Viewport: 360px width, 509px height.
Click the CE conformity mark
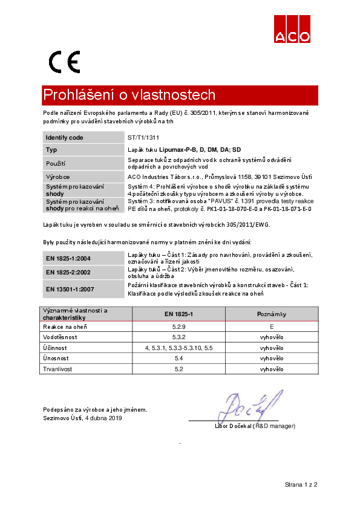coord(64,62)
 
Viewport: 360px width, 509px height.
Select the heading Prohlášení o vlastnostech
coord(129,96)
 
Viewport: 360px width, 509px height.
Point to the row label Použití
coord(56,163)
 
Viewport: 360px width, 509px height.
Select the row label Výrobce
coord(57,177)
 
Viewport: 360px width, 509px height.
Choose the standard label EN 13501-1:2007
coord(70,289)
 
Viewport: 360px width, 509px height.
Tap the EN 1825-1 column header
coord(178,314)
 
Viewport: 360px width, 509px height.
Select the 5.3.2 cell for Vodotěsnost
coord(178,337)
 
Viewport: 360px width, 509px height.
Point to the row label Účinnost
coord(54,348)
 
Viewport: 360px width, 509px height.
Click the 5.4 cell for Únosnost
coord(178,358)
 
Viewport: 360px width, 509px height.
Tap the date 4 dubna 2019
coord(103,418)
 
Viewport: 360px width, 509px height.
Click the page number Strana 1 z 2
coord(301,485)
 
